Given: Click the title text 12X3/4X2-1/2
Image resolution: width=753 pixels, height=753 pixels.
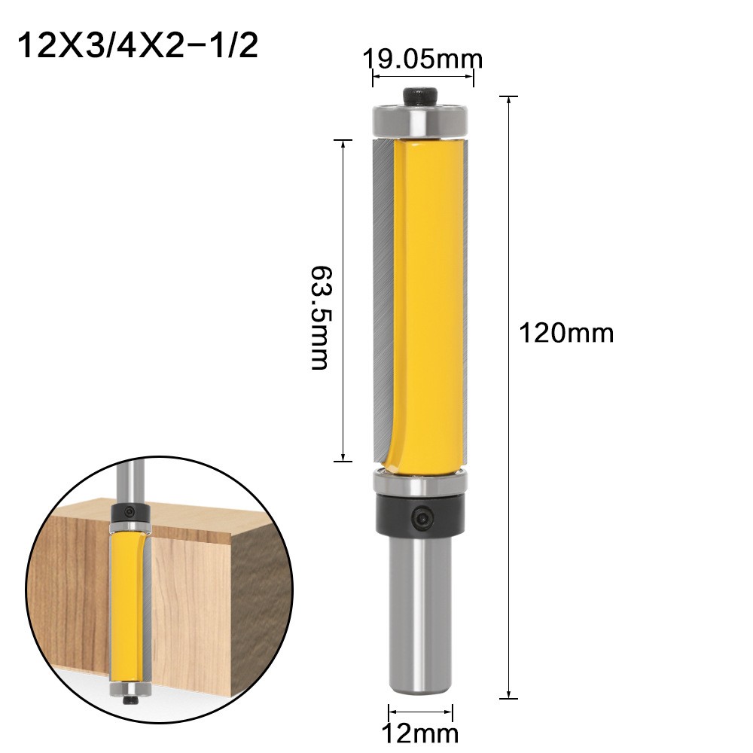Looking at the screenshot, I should [x=137, y=47].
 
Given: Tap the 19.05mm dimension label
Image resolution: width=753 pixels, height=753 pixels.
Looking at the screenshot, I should [x=422, y=59].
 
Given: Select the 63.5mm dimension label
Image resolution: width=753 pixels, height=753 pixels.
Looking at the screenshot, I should [x=319, y=316].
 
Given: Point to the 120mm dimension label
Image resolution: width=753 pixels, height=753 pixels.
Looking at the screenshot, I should [x=566, y=332].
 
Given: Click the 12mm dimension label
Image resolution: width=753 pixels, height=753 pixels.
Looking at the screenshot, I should [x=420, y=732].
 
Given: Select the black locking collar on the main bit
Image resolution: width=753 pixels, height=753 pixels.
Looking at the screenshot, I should [x=420, y=516].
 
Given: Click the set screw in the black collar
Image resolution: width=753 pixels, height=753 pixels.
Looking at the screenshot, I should [x=422, y=517].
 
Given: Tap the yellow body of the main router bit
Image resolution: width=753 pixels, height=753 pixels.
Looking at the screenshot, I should [x=426, y=301].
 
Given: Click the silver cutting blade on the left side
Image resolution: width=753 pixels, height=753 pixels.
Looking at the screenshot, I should [x=380, y=301].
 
